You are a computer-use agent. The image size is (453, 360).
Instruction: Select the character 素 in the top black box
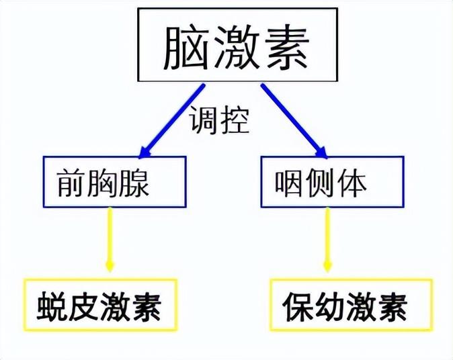pos(287,47)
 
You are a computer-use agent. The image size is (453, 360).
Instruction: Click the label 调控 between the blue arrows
pos(219,119)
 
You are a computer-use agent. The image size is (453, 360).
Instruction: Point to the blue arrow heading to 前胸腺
pos(171,122)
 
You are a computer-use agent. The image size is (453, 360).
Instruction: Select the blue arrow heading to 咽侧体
pos(294,122)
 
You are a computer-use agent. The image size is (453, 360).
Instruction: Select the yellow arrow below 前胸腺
pos(110,240)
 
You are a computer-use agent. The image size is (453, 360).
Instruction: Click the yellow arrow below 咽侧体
pos(327,240)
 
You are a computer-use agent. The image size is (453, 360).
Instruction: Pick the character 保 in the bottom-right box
pos(298,307)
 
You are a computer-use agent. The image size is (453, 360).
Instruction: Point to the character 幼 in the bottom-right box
pos(329,307)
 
